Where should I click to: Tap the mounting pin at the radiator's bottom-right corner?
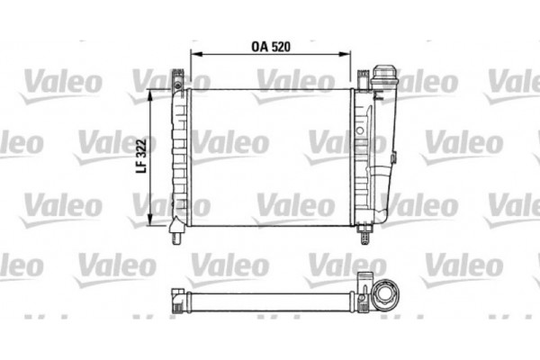click(365, 237)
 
